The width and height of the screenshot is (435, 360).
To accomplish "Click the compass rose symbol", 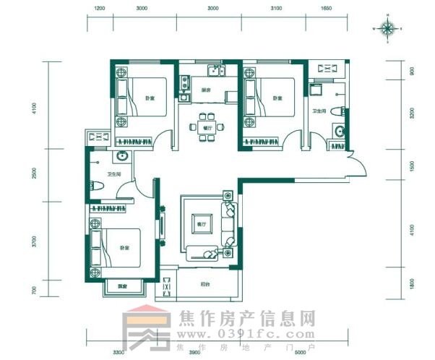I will pos(387,29).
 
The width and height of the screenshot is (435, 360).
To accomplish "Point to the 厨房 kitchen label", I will pos(206,90).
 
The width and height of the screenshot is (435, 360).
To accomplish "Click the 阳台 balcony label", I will pos(204,285).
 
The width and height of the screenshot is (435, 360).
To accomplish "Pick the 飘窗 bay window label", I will pos(122,288).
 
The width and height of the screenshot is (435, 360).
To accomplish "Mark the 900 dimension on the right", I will pos(411,72).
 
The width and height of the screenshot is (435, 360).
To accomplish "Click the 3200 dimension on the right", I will pos(411,113).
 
